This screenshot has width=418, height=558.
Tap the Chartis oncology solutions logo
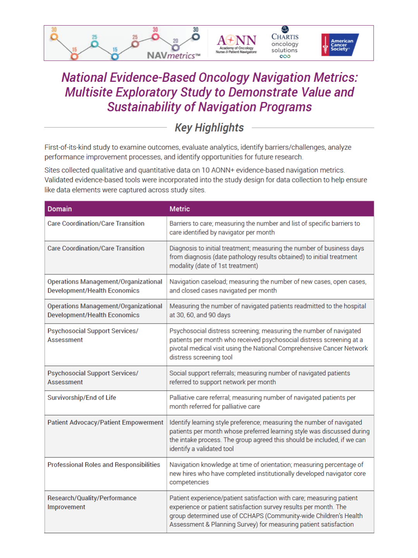pos(285,43)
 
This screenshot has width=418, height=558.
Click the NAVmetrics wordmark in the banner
pos(173,55)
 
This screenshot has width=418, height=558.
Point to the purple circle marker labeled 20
pos(175,48)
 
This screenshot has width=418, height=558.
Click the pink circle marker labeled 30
pos(155,37)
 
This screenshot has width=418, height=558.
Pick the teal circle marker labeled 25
pos(94,44)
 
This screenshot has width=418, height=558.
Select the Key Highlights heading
pos(209,127)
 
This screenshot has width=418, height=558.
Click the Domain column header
pos(60,209)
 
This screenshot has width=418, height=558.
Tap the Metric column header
pos(180,209)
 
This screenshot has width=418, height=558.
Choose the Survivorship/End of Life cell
pos(82,398)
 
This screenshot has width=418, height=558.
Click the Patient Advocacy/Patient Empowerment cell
pos(105,422)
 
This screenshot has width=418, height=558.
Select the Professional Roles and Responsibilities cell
pos(104,465)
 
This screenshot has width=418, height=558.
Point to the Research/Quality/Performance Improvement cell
pos(92,502)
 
